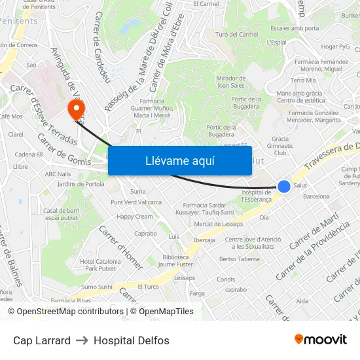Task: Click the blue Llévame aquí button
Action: (179, 160)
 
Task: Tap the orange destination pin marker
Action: (77, 108)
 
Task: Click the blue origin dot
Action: (284, 187)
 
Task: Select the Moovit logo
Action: (320, 340)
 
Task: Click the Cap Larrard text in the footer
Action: (42, 340)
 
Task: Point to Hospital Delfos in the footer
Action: (132, 340)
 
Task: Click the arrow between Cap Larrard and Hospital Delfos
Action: (82, 340)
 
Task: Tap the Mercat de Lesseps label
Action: (218, 224)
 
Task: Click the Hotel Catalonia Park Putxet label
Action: (97, 265)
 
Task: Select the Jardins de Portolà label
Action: (81, 184)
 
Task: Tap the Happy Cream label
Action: (135, 217)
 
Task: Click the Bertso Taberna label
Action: (240, 259)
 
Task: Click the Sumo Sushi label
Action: (97, 287)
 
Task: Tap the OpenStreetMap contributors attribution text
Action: (66, 312)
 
